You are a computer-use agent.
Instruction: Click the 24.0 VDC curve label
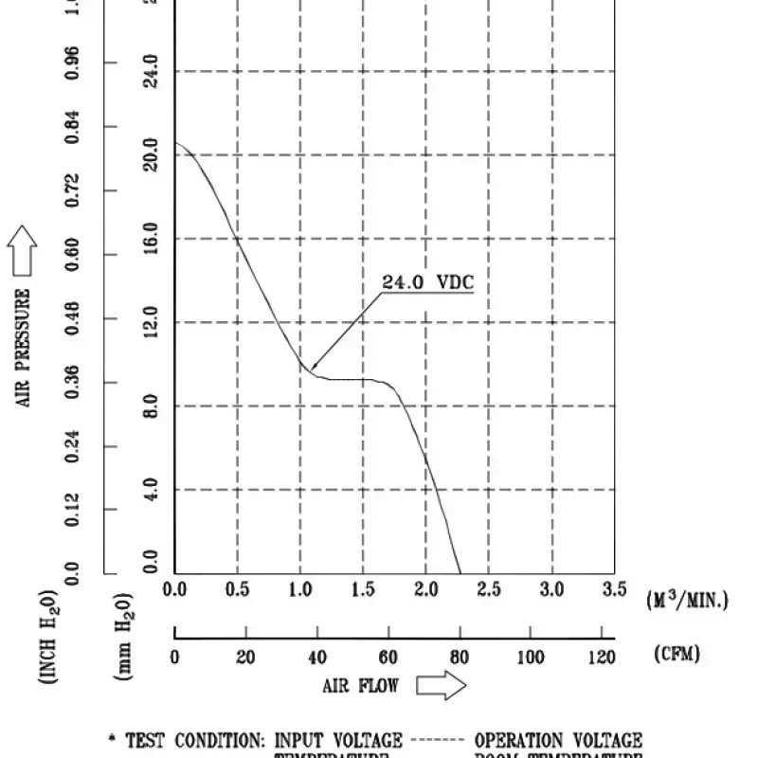tap(426, 282)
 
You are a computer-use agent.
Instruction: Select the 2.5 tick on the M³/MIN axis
tap(488, 590)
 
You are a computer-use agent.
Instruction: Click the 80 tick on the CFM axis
tap(459, 657)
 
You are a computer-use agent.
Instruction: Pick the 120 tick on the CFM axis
tap(601, 657)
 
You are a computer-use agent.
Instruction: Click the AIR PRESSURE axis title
tap(25, 349)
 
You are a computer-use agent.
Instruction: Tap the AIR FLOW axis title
tap(360, 685)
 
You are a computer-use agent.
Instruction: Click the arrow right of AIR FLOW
tap(442, 686)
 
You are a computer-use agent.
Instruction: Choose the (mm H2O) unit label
tap(124, 636)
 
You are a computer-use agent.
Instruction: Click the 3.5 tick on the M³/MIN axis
tap(614, 590)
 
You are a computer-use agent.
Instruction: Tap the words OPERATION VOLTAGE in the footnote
tap(558, 740)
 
